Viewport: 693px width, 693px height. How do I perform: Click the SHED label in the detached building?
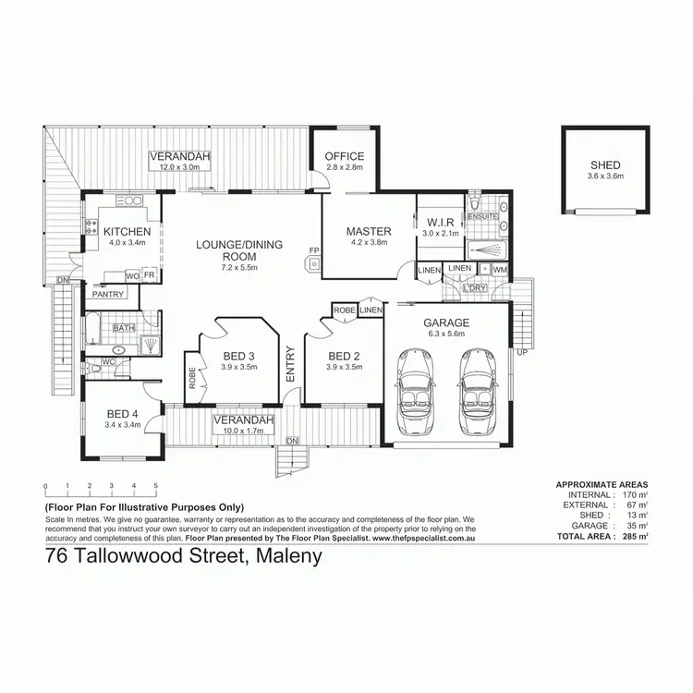606,164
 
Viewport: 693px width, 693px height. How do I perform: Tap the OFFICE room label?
345,156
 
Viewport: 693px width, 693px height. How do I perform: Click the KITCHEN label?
127,231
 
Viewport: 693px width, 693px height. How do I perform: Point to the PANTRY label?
108,295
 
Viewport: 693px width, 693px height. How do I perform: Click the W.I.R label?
440,222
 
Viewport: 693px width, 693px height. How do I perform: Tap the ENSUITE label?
483,216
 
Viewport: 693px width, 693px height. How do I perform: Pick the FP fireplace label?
314,250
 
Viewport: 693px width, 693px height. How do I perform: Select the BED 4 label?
123,413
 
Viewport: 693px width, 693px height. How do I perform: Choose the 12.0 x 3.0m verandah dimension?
180,168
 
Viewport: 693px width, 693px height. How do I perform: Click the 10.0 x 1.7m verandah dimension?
245,430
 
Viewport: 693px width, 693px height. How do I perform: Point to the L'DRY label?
476,288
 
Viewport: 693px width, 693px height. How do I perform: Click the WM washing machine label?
500,269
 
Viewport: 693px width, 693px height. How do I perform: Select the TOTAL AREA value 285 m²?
634,536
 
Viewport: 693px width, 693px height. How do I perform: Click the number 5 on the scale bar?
156,486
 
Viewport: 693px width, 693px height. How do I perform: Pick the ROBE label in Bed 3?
192,379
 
